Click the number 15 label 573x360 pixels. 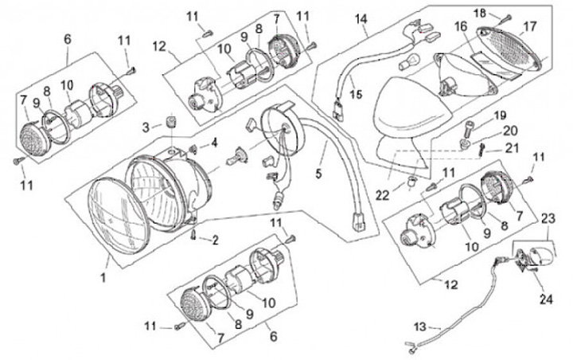pyautogui.click(x=356, y=94)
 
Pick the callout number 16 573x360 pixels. pyautogui.click(x=460, y=26)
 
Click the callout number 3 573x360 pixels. pyautogui.click(x=146, y=127)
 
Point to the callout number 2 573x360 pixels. pyautogui.click(x=213, y=239)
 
